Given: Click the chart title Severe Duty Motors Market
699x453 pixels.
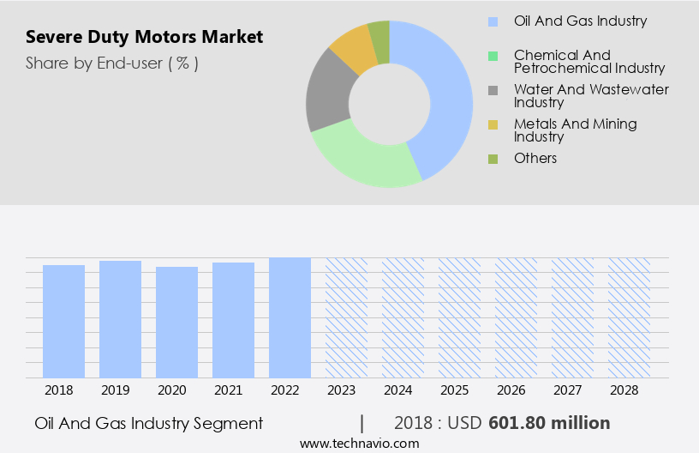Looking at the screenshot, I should (144, 37).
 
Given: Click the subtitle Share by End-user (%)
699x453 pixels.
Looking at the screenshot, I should (112, 63).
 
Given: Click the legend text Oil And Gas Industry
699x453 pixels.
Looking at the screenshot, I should (580, 21).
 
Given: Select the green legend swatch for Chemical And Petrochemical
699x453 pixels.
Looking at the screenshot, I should (493, 56).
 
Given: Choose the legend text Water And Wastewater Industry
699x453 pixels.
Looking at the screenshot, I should (591, 95).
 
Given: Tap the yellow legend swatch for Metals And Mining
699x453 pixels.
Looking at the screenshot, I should (493, 125).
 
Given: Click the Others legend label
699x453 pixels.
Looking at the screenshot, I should (535, 158).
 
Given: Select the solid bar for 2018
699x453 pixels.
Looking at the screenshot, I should (64, 321).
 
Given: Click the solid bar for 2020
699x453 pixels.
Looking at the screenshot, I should (177, 322).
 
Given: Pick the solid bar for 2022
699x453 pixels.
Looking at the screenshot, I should (290, 317).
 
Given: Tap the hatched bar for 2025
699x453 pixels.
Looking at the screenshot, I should (459, 317).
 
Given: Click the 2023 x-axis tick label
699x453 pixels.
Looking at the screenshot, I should (346, 390).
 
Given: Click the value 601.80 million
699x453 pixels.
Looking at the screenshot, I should (549, 423).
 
